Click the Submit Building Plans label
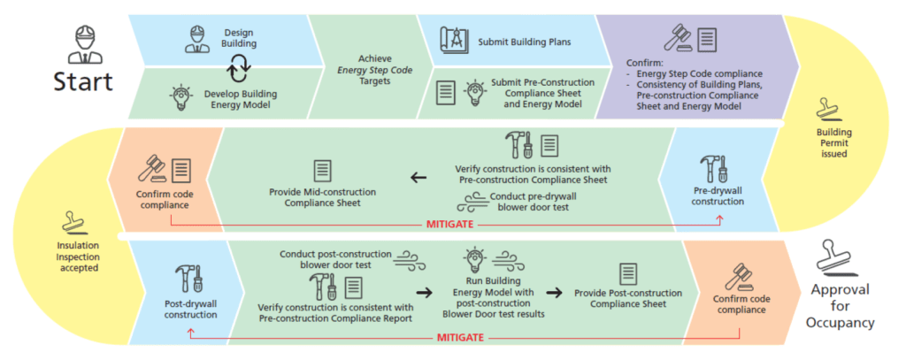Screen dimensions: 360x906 525,42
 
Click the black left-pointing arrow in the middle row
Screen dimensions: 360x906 417,177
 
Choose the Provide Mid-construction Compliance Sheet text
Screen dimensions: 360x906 322,197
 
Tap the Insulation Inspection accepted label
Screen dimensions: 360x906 73,257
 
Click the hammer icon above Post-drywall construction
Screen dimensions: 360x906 188,277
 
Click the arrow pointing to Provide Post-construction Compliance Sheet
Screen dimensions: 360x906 554,293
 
